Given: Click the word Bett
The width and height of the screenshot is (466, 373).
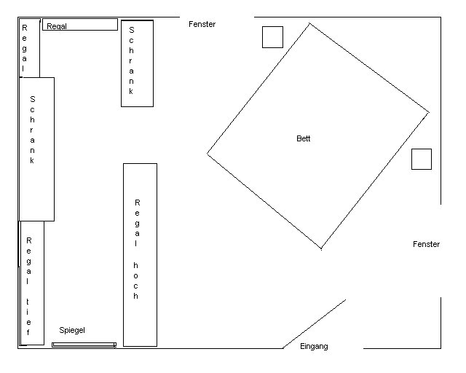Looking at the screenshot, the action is pos(303,138).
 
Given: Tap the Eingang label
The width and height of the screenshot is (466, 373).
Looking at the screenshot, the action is pos(314,347).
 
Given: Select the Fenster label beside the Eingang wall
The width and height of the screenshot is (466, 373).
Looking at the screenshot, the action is pos(426,244).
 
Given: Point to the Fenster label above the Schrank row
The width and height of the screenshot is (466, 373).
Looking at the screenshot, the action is pos(202,24).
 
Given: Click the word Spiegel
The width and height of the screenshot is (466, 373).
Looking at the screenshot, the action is pos(72,330).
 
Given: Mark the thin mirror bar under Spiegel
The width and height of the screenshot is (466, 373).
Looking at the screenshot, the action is pos(84,345).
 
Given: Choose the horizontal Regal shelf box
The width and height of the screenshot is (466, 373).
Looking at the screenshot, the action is pos(80,24).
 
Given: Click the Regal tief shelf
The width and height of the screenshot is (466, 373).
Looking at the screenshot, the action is pos(32,283).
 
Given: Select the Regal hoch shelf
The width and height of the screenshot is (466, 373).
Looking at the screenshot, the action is pos(140,254).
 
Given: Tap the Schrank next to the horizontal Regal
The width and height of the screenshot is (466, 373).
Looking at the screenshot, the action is pos(138,63).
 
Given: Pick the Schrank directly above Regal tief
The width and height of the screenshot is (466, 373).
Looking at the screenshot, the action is pos(37,149).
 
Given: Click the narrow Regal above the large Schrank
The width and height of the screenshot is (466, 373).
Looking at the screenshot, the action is pos(29,48).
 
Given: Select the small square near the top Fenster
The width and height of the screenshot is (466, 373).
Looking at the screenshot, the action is pos(272,37).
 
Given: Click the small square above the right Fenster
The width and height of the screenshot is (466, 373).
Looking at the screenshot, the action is pos(422,159).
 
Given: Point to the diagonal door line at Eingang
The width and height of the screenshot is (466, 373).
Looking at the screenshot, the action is pos(314,324).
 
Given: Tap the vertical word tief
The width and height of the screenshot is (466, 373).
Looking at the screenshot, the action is pos(28,317).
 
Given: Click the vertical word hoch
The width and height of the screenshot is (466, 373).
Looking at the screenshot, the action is pos(136,280).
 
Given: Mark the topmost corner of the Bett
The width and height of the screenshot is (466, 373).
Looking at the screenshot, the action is pos(309,23).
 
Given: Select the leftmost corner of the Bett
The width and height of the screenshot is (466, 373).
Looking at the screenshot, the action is pos(207,154).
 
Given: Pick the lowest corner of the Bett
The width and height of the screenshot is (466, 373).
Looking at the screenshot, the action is pos(321,248).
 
